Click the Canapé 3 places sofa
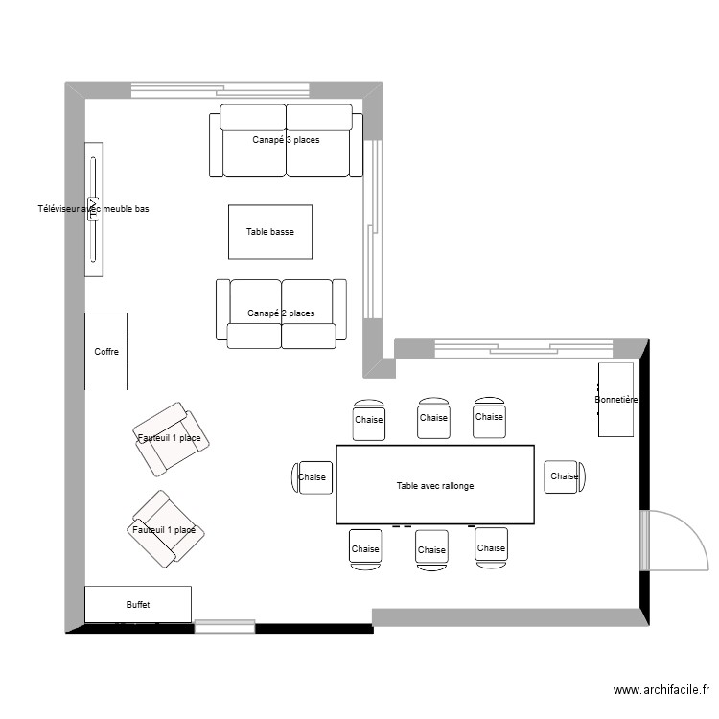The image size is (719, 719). pos(286,141)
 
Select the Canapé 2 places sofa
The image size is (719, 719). pos(280,313)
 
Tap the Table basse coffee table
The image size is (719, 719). pos(269,232)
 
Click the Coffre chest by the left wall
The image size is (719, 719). pos(106,352)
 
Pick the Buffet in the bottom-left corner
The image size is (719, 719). pos(138,605)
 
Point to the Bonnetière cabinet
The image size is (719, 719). pos(615,400)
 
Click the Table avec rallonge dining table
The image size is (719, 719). pos(434,485)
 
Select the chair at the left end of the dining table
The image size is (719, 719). pos(312,476)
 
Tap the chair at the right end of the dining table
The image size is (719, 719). pos(563,476)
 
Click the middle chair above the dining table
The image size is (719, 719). pos(433,418)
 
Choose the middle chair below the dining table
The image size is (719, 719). pos(431,549)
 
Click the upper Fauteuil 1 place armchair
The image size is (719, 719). pos(170,438)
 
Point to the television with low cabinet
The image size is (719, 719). pos(93,209)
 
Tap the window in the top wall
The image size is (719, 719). pos(220,90)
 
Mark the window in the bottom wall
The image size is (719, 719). pos(224,627)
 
